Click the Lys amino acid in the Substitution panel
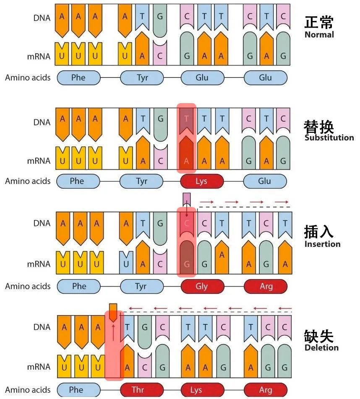[201, 181]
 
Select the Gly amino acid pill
[201, 286]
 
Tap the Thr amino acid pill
[138, 390]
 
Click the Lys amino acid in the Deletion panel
[196, 390]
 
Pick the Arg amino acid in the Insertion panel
[266, 286]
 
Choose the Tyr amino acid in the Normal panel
[142, 78]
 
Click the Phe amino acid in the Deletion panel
[78, 390]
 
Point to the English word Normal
[319, 35]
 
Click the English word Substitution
[329, 138]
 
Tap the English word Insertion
[322, 244]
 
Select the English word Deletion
[321, 347]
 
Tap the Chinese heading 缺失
[319, 336]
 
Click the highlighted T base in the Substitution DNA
[187, 119]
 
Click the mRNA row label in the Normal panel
[39, 57]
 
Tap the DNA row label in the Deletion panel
[42, 327]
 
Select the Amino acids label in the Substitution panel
[28, 181]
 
